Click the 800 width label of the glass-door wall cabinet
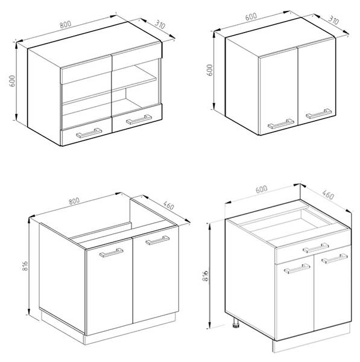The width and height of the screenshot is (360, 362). [66, 24]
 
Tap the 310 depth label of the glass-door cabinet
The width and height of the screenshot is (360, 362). [160, 25]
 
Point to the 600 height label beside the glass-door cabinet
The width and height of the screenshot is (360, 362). [12, 81]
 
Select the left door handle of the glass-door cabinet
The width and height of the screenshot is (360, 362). [89, 133]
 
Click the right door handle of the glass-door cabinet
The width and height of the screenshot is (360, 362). [139, 119]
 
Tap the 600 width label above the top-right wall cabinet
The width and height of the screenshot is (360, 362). [251, 16]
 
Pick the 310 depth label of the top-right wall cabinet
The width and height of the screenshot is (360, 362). [333, 21]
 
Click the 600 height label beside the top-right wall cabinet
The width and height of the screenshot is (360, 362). [209, 70]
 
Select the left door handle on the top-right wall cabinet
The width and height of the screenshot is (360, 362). [281, 124]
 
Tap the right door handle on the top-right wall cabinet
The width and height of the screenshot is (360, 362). [318, 113]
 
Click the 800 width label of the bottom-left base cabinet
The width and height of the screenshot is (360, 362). [74, 201]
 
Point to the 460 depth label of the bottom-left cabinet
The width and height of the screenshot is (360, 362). [168, 205]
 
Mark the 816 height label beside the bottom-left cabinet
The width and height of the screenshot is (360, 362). [25, 266]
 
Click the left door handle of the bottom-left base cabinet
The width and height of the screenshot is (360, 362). [112, 253]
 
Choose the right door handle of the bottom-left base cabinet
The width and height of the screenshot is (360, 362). [157, 240]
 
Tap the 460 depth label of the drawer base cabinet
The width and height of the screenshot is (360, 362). [328, 195]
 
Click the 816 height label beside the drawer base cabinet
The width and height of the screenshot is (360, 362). [205, 276]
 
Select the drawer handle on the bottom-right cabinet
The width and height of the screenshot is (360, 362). [316, 248]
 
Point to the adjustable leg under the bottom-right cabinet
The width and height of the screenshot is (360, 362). [236, 323]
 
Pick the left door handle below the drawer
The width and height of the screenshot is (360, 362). [297, 268]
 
